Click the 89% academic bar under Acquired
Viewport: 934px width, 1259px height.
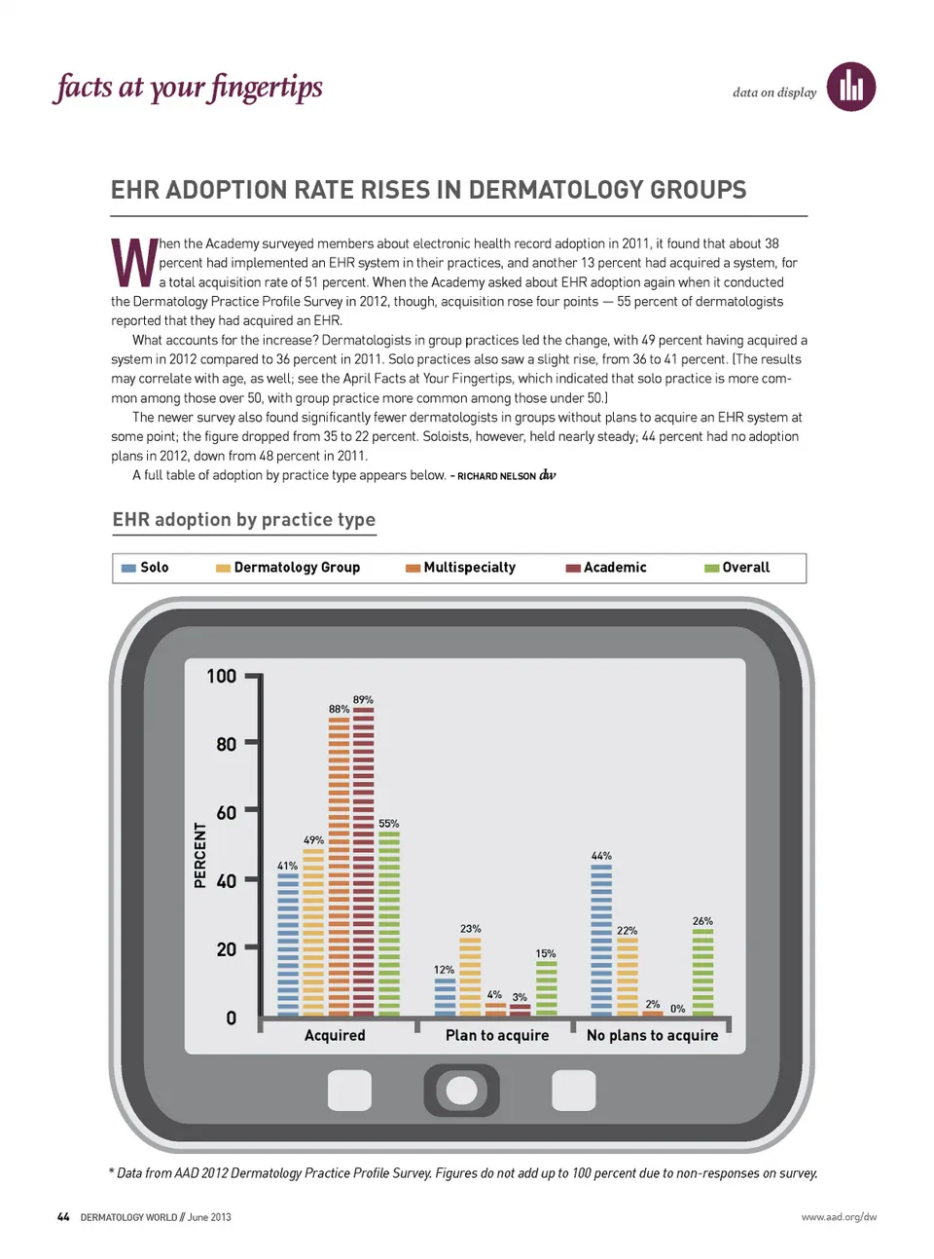[x=363, y=862]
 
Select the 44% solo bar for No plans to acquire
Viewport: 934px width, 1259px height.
[x=601, y=940]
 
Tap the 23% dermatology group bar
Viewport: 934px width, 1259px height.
[x=470, y=977]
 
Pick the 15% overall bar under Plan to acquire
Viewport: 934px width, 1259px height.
[x=547, y=988]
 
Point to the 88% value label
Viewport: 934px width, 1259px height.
[x=339, y=709]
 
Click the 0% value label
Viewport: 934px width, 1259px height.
[x=678, y=1009]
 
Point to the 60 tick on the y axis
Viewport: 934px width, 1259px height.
[x=227, y=812]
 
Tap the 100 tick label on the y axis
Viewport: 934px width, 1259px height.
[x=222, y=676]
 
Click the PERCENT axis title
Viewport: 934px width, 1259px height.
[x=200, y=855]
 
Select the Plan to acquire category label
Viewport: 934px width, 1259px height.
[x=497, y=1035]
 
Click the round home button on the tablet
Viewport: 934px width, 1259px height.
[x=461, y=1091]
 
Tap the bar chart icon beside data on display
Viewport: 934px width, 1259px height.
[x=851, y=88]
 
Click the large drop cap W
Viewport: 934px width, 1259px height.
[x=134, y=264]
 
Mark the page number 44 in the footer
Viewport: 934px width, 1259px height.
[x=63, y=1217]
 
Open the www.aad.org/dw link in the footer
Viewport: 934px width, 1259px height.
[x=839, y=1217]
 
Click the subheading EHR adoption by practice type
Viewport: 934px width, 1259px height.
[x=244, y=520]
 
